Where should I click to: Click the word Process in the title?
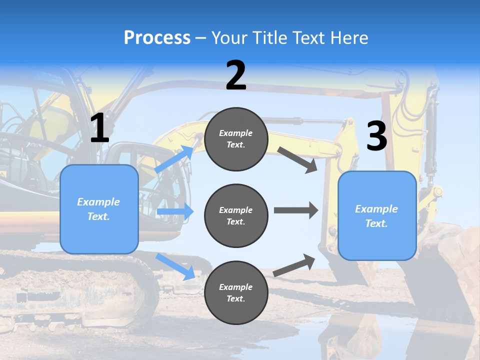157,38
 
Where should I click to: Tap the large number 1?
99,128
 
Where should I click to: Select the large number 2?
236,75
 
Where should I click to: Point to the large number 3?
376,136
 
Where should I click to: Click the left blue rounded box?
99,209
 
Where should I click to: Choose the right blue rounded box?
377,216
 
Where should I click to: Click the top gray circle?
236,139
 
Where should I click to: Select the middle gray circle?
236,216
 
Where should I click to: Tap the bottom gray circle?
236,293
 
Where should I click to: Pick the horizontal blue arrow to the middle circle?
175,211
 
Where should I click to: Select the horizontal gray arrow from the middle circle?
295,210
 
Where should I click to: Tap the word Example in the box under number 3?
376,209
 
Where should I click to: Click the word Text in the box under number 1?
98,216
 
